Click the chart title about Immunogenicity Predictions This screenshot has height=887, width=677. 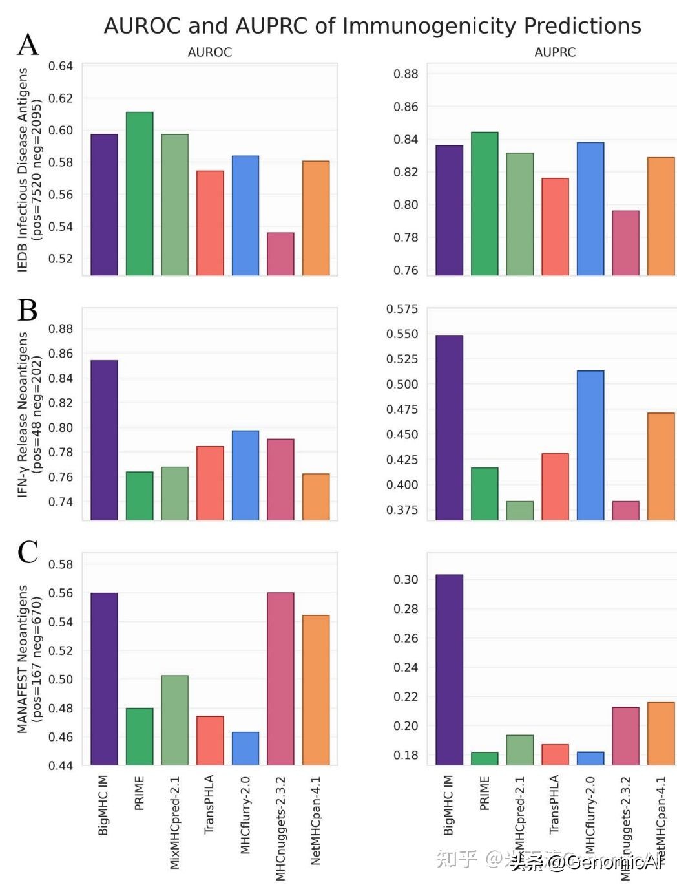coord(372,26)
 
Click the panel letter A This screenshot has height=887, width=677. coord(28,45)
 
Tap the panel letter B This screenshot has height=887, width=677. coord(28,310)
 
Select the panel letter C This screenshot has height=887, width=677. coord(28,552)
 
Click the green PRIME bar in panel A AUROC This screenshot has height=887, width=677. coord(140,194)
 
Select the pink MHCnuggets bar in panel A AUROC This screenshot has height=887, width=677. coord(280,254)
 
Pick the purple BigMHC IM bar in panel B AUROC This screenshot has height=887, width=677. coord(104,440)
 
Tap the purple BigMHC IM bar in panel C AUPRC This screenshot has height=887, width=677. coord(449,669)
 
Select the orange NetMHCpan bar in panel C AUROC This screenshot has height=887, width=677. coord(316,690)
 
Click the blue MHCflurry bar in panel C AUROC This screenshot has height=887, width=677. coord(245,748)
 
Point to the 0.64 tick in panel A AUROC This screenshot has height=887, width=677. coord(61,66)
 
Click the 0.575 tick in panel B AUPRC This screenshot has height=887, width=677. coord(402,309)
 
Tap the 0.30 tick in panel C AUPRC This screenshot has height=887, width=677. coord(406,580)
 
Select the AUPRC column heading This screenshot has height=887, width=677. coord(554,52)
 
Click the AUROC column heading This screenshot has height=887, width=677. coord(209,52)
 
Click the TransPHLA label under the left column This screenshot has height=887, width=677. coord(209,804)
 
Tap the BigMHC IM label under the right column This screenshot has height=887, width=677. coord(448,805)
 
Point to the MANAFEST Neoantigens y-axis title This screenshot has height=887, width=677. coord(23,659)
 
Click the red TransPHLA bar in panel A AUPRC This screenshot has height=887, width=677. coord(555,226)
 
